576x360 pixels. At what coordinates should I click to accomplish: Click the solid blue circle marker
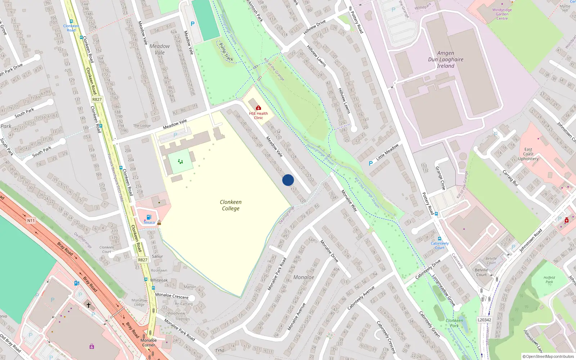288,180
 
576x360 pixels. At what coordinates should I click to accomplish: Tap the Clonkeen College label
231,205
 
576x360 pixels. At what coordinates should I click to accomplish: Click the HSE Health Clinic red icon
258,108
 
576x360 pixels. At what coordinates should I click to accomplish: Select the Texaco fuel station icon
149,217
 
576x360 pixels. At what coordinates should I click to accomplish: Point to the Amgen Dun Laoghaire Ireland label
446,59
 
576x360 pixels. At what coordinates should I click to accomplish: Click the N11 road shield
31,221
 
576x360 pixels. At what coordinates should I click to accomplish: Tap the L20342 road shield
484,320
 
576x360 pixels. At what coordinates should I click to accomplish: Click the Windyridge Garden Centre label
502,14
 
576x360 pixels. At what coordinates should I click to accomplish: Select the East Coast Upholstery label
528,154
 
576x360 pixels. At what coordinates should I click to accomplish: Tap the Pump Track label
226,52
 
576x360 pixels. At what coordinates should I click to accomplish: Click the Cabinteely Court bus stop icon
440,238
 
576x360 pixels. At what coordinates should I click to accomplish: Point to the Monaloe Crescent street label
172,296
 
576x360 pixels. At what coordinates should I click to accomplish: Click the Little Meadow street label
387,152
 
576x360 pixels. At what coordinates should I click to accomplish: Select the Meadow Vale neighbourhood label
159,49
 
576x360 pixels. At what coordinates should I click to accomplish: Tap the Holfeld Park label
549,280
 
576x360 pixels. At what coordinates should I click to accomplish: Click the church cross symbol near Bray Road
89,305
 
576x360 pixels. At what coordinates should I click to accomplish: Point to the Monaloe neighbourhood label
303,277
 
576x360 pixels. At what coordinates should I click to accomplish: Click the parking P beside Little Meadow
370,163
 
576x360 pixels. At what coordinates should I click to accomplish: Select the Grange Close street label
441,178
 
